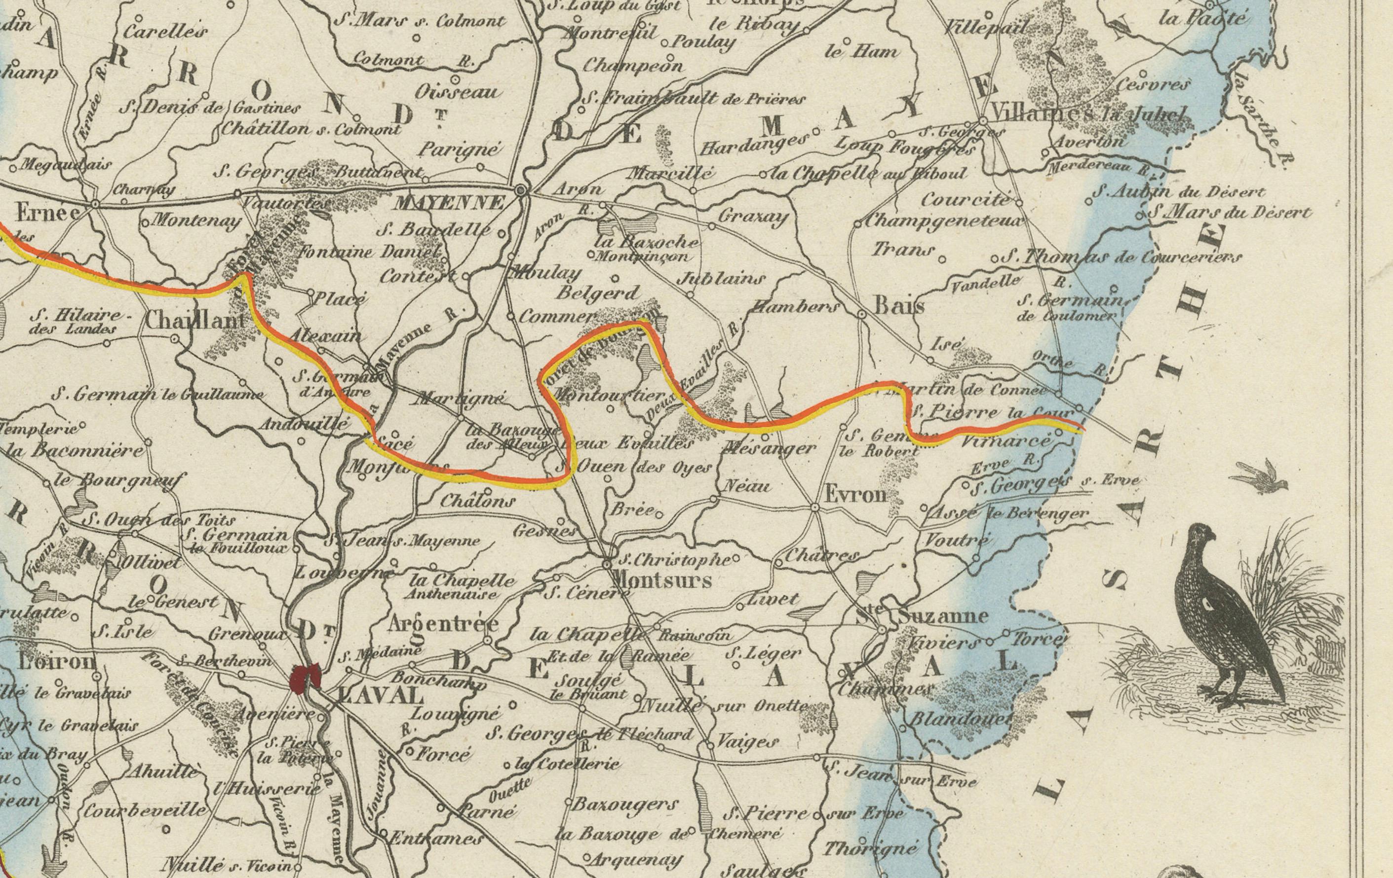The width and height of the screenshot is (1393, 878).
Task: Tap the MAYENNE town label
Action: pos(449,203)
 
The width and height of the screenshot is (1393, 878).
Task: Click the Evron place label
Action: pos(854,495)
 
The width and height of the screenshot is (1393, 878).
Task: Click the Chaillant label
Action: pos(194,320)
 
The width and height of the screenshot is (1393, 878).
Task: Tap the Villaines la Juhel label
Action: pos(1089,114)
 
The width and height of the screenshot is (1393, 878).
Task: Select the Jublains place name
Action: pos(720,279)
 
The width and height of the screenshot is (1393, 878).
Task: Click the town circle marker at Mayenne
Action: pos(521,189)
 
